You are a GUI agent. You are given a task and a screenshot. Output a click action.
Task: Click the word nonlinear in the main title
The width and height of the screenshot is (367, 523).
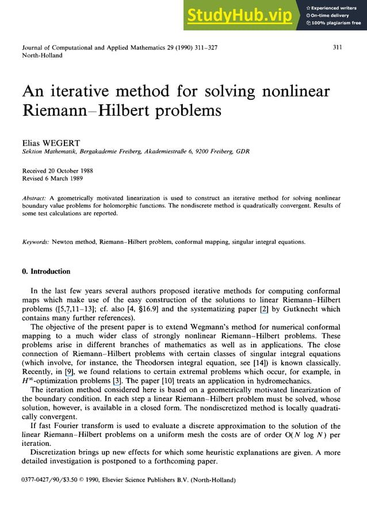click(295, 92)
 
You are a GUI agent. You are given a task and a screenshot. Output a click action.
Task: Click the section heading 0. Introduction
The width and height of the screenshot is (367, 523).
click(46, 271)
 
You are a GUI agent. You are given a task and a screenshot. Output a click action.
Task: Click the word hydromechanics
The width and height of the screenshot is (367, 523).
click(316, 383)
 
